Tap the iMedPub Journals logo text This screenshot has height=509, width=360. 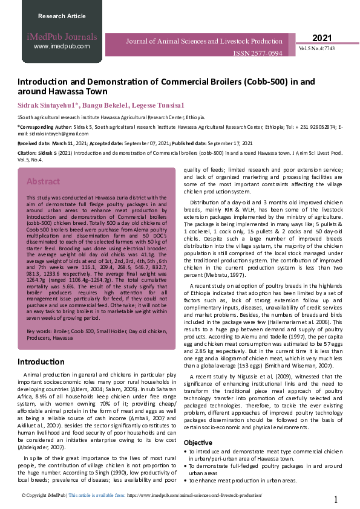(x=62, y=37)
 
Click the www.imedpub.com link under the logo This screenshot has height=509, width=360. (x=62, y=46)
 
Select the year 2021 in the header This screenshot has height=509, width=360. (x=323, y=38)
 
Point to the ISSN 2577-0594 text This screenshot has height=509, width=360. (x=257, y=54)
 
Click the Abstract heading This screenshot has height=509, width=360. (x=43, y=181)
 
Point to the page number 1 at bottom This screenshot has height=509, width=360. (x=336, y=500)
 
